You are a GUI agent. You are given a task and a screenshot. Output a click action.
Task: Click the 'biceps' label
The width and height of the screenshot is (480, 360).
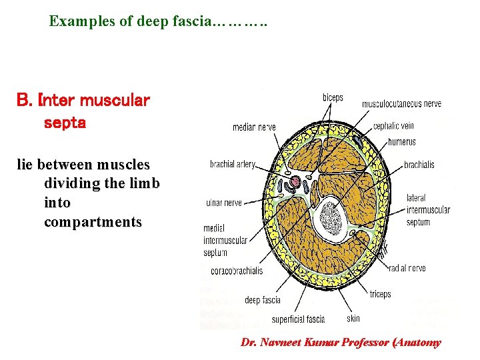point(333,97)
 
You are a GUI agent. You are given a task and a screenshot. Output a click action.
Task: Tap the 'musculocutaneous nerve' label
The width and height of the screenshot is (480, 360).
point(401,104)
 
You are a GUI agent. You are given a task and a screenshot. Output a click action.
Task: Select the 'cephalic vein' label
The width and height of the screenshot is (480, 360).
point(393,125)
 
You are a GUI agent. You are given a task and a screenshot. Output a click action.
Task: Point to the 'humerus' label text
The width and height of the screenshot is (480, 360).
point(401,141)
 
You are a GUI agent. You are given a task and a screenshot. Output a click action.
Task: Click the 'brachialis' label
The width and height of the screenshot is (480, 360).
point(419,165)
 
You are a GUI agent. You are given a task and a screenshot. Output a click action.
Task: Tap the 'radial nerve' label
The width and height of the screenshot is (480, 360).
point(408,268)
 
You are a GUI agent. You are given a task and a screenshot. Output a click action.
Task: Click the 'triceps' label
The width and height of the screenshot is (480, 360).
point(380,294)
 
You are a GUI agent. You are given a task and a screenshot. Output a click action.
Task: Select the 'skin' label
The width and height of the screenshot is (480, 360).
point(353,319)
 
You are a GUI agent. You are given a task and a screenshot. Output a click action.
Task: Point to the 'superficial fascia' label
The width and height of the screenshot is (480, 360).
point(298,319)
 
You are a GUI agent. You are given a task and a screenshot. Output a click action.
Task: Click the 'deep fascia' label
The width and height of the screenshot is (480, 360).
point(263,301)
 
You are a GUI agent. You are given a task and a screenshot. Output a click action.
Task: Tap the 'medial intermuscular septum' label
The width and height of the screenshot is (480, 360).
point(225,241)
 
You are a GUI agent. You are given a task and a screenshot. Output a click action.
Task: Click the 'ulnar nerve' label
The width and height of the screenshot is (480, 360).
point(224,203)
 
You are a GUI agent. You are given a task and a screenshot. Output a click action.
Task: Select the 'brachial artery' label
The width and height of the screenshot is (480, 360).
point(233,164)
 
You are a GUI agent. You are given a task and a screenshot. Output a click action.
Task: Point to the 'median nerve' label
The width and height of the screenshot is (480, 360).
point(254,127)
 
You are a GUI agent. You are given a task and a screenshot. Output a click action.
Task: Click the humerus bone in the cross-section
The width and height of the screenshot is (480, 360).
point(331,217)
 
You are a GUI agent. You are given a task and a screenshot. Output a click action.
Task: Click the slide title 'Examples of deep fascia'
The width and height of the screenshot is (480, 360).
point(158,21)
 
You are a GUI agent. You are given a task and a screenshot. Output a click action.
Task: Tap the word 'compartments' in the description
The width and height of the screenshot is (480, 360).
point(93,221)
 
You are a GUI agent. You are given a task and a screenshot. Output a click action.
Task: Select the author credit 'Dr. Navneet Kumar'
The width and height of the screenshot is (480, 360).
point(289,343)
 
